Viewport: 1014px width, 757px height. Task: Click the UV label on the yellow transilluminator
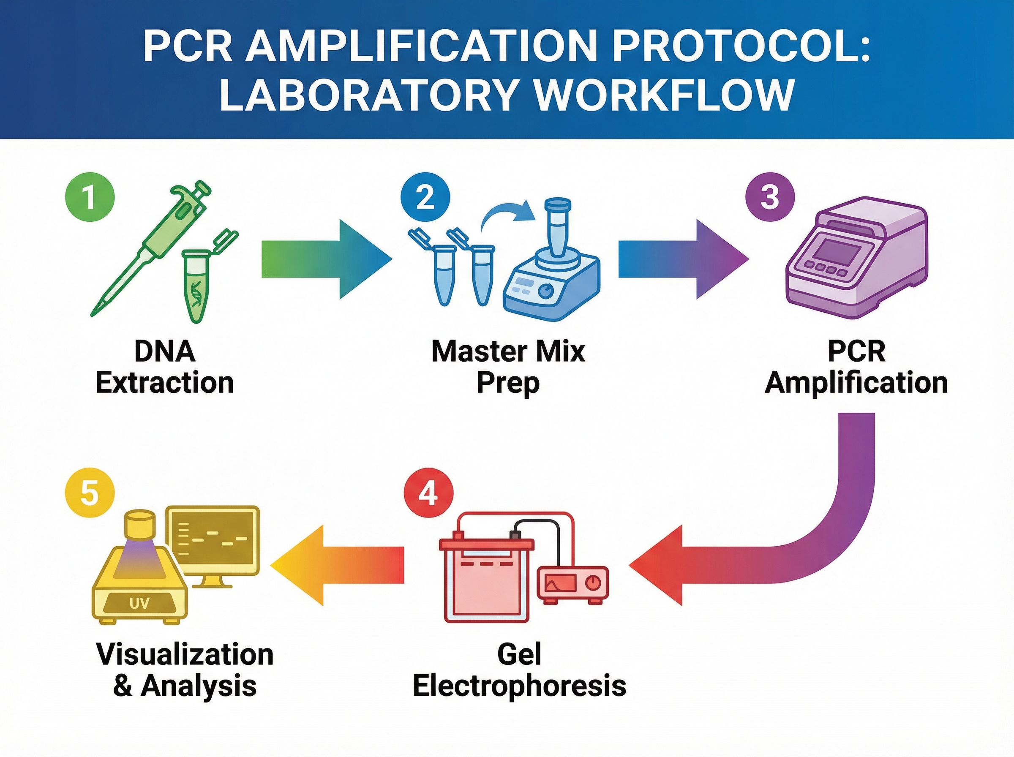[x=139, y=602]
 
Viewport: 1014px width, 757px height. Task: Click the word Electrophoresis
[x=519, y=686]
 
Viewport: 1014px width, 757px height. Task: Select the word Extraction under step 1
[x=164, y=383]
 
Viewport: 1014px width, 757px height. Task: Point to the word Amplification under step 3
[x=856, y=383]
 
